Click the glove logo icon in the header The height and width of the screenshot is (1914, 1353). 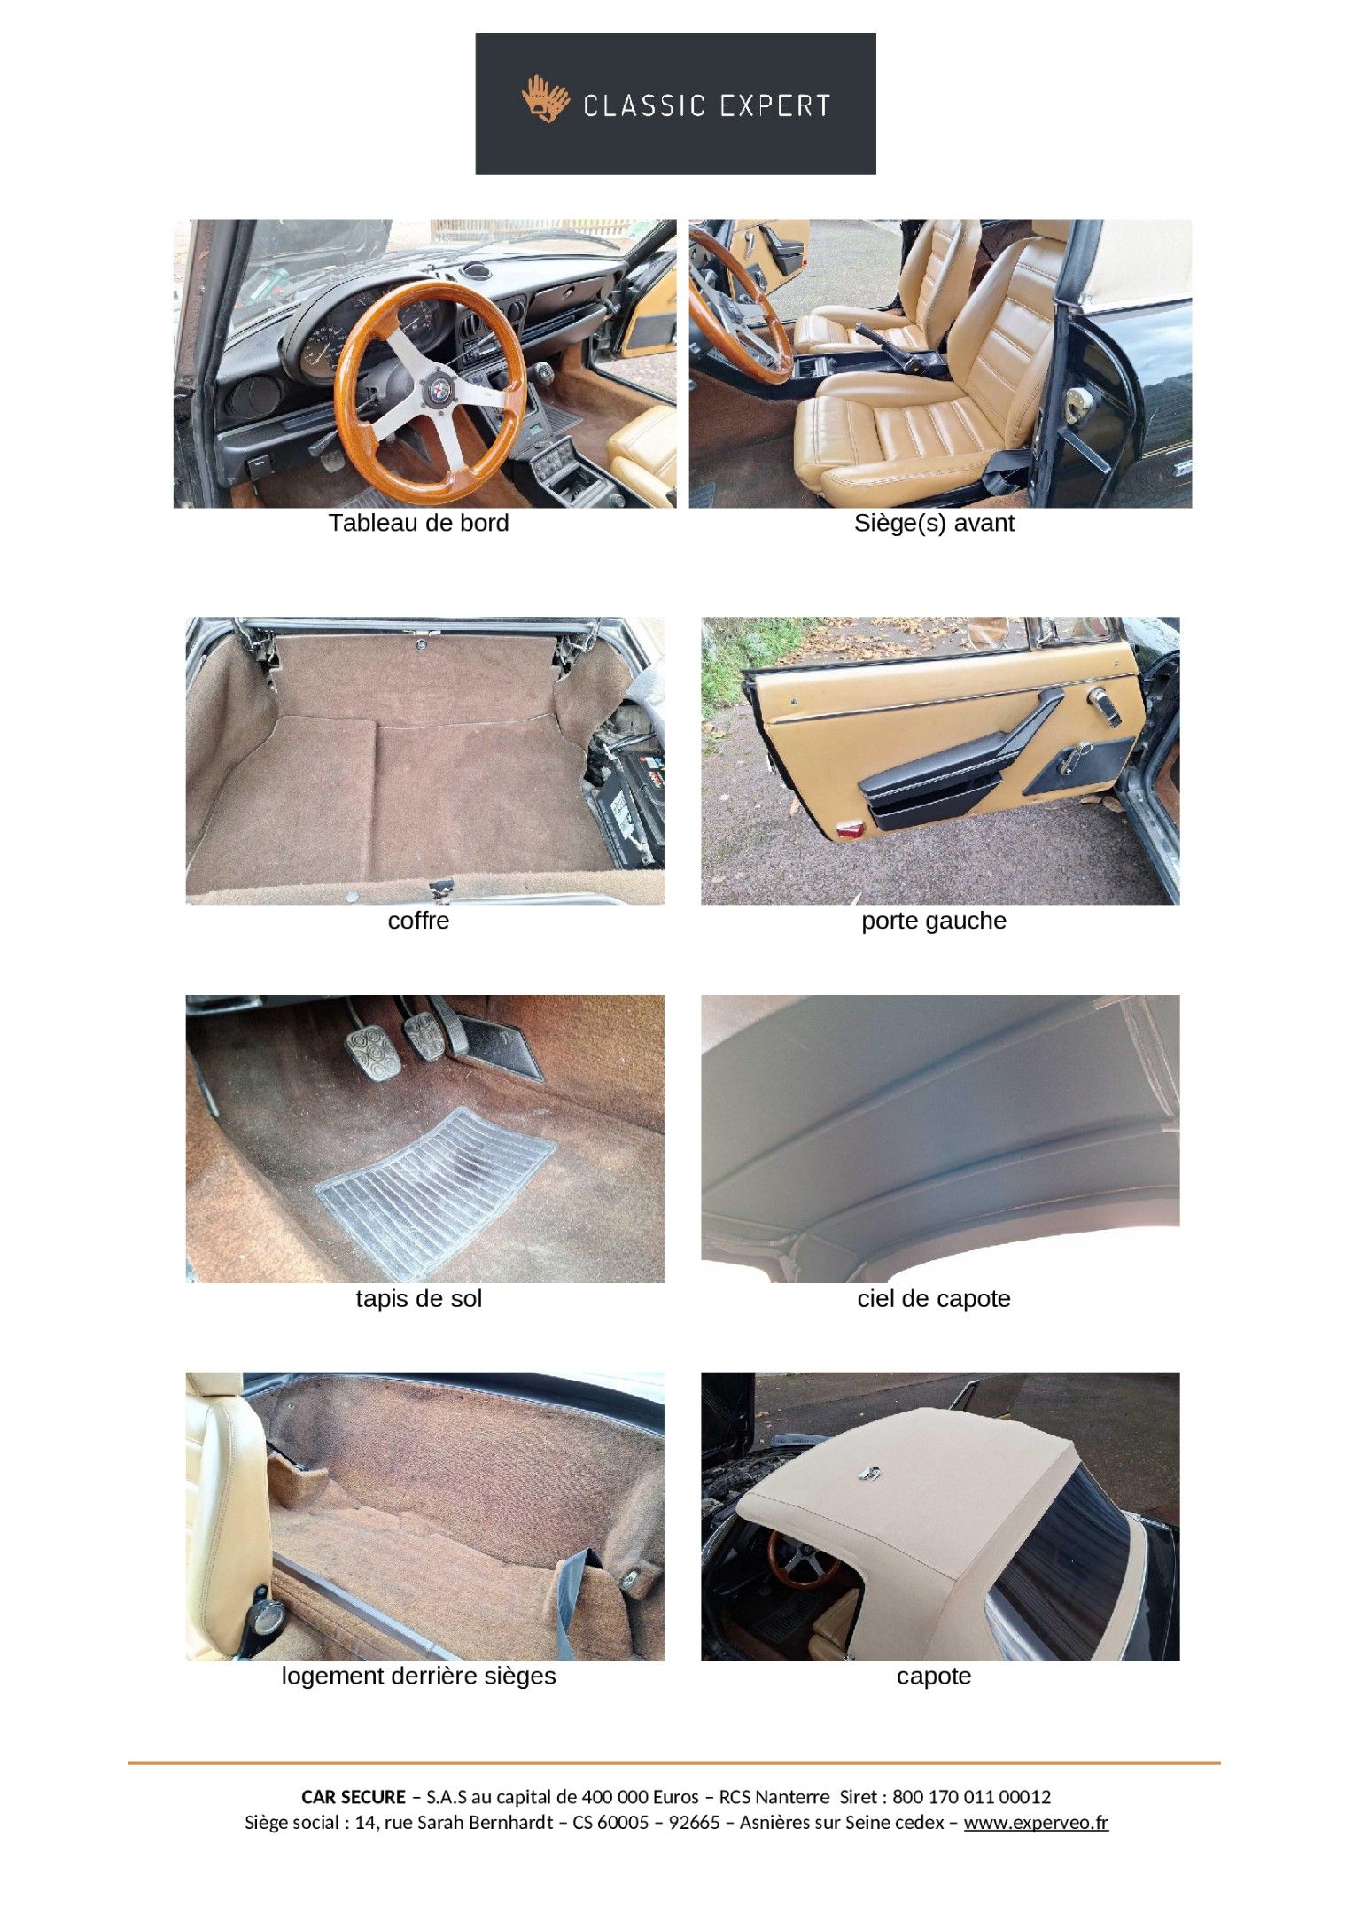coord(545,99)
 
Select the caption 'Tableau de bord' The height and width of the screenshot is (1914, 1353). coord(418,523)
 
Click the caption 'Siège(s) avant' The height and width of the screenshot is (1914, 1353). coord(934,523)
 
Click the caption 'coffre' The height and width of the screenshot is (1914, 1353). coord(418,920)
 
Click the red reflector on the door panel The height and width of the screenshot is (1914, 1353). coord(851,829)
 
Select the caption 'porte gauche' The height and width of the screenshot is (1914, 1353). coord(934,920)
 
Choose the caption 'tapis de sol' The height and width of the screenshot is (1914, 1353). coord(418,1298)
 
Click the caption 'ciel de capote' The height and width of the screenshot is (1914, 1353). coord(934,1298)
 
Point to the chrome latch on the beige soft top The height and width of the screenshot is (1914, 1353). coord(868,1473)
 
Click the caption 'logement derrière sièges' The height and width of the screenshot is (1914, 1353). coord(418,1676)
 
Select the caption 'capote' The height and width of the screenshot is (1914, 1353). coord(934,1677)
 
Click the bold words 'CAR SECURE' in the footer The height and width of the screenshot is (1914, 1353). coord(354,1797)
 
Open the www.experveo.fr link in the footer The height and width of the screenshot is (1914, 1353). coord(1036,1823)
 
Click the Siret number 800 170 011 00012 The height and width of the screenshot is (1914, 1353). coord(971,1797)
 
